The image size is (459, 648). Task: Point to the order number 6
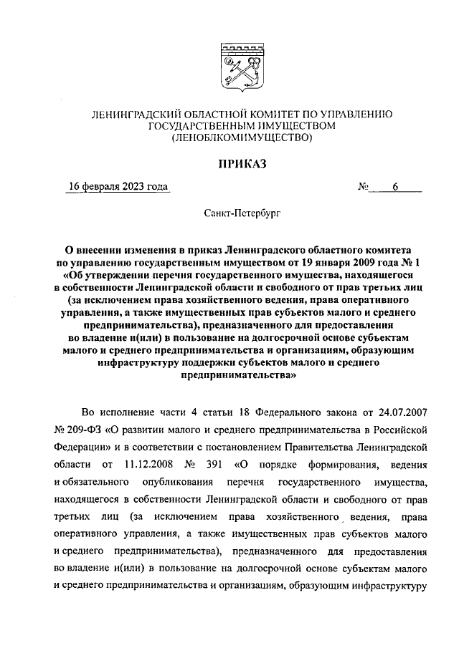pos(394,188)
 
